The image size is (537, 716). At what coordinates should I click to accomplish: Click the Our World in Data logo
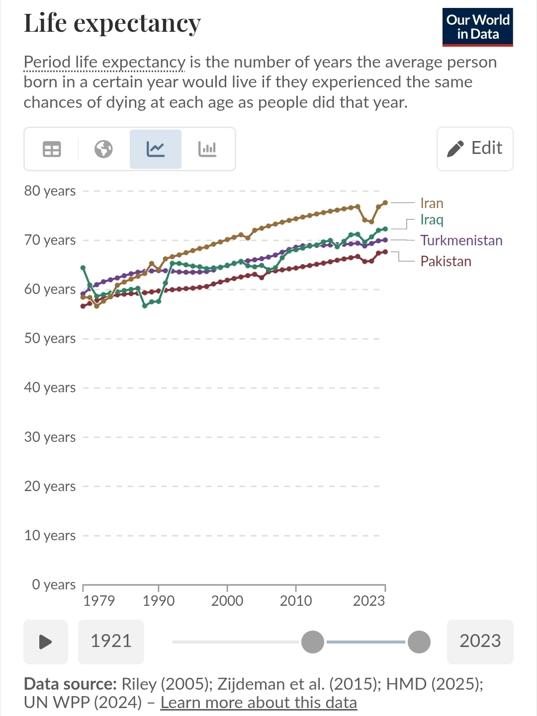[477, 27]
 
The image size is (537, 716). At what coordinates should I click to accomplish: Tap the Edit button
[475, 149]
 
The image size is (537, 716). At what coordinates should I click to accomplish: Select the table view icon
[52, 149]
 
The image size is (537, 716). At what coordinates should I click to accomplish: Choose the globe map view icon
[103, 149]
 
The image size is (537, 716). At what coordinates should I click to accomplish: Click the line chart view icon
[156, 149]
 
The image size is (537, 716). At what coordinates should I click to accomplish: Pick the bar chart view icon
[207, 149]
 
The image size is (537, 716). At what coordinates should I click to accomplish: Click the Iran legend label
[432, 203]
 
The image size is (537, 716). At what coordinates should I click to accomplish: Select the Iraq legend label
[432, 220]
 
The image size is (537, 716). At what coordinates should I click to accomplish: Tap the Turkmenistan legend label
[461, 240]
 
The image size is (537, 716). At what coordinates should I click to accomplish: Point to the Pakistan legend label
[446, 261]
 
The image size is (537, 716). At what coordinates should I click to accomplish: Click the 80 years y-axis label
[50, 191]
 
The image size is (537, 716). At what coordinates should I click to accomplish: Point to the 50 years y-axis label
[50, 338]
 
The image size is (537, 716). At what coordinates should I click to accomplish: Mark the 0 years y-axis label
[54, 584]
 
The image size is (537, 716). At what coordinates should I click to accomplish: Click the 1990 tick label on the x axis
[159, 600]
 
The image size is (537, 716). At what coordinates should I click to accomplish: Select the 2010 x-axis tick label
[296, 600]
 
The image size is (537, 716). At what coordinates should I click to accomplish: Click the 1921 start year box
[111, 642]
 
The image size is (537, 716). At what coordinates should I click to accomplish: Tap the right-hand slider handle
[419, 642]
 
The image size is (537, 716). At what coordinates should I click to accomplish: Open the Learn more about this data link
[259, 702]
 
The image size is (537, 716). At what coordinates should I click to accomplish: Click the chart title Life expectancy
[112, 23]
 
